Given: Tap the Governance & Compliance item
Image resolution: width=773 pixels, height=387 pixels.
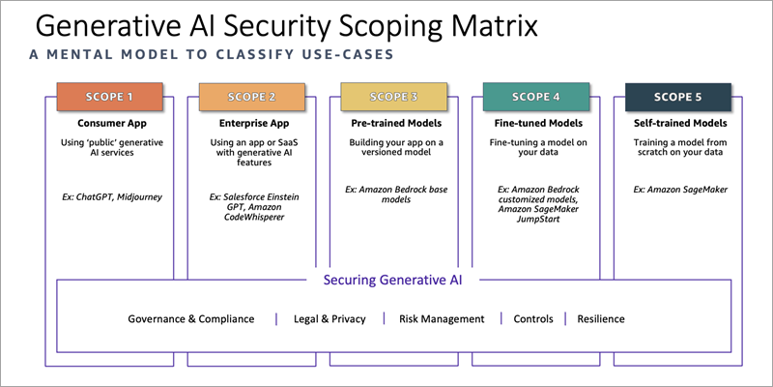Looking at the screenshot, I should click(191, 319).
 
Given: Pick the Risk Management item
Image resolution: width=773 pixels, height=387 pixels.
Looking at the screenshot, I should click(442, 319).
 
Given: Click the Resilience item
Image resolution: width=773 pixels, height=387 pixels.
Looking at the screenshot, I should click(601, 319).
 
